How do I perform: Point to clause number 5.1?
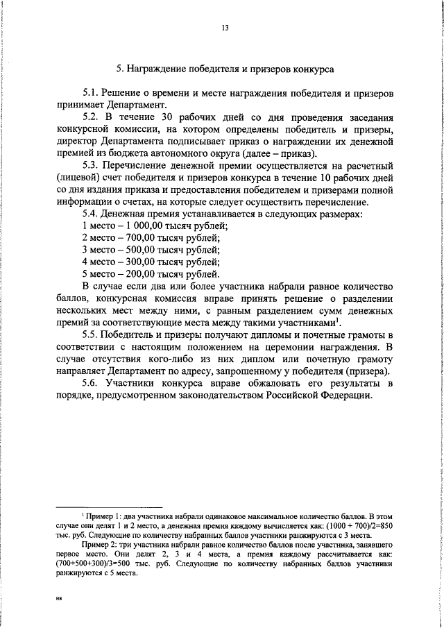(x=90, y=92)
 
